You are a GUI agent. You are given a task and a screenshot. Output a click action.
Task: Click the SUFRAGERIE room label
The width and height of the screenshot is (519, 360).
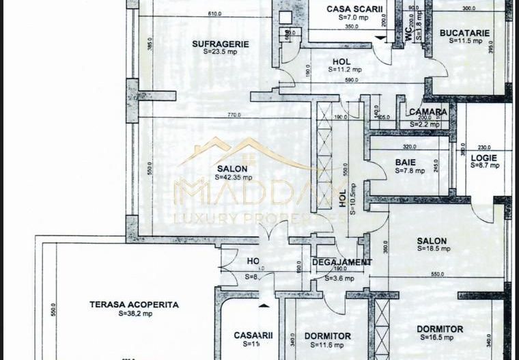(x=220, y=44)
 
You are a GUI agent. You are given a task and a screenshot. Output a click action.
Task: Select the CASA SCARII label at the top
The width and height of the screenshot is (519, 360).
(x=352, y=9)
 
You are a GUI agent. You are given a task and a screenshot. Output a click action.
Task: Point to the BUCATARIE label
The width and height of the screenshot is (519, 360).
(x=465, y=32)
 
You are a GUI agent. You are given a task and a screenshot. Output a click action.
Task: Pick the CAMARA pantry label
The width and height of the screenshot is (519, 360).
(x=428, y=112)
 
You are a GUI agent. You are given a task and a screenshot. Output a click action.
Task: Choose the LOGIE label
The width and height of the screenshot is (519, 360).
(x=483, y=158)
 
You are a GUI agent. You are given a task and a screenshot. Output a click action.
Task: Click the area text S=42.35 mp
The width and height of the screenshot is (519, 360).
(x=233, y=177)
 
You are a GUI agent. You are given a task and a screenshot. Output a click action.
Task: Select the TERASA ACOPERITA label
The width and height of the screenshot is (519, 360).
(x=134, y=305)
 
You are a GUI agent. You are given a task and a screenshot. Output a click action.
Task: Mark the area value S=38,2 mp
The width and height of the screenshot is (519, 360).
(x=135, y=314)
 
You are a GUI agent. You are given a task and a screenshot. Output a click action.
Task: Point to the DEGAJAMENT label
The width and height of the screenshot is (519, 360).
(x=343, y=262)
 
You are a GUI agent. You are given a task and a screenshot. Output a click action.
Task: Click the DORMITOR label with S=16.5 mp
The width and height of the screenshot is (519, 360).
(x=440, y=329)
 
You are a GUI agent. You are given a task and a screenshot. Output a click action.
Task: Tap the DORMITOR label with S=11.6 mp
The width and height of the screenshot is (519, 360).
(x=328, y=336)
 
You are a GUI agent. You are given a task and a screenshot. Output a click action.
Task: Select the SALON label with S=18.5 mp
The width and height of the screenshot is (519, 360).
(x=432, y=241)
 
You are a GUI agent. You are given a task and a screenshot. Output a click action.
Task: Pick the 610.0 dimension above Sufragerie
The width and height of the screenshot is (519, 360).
(x=214, y=14)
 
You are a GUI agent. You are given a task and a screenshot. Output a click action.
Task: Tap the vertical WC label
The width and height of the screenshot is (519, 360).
(x=408, y=36)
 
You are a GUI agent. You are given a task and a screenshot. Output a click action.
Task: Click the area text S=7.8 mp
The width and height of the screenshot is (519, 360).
(x=410, y=171)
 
